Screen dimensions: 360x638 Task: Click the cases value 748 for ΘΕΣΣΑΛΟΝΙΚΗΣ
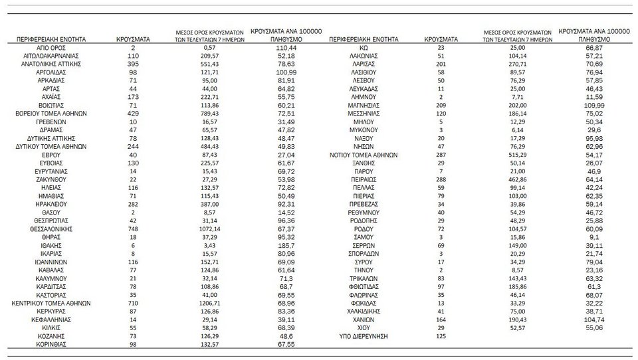tap(133, 228)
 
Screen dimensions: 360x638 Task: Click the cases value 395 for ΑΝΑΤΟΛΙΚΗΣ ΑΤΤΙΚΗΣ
tap(133, 64)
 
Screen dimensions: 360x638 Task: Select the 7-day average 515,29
tap(521, 154)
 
